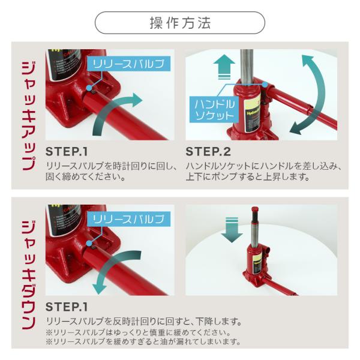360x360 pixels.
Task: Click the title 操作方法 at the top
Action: click(x=180, y=23)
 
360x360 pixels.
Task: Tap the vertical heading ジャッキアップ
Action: click(x=29, y=116)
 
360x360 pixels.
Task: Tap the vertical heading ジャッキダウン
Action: click(x=29, y=275)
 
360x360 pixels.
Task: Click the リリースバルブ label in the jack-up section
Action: click(x=128, y=64)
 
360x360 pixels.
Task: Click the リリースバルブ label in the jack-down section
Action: click(x=128, y=219)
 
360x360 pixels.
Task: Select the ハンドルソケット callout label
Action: click(x=214, y=110)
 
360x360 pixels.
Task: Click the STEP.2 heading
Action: click(x=208, y=152)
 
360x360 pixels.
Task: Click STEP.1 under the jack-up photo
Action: click(x=67, y=152)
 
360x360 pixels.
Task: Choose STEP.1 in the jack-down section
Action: click(x=67, y=307)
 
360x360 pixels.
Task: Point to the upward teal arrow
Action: click(x=224, y=67)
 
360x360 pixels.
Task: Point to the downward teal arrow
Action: click(x=232, y=230)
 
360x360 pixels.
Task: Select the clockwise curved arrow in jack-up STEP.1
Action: click(x=108, y=108)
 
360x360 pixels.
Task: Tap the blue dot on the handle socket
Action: click(x=265, y=85)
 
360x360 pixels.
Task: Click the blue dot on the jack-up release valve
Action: click(x=89, y=88)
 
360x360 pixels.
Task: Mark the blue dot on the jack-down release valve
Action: click(x=89, y=244)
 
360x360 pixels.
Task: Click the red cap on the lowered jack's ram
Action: click(x=255, y=209)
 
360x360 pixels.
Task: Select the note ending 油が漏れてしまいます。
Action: click(x=143, y=341)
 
